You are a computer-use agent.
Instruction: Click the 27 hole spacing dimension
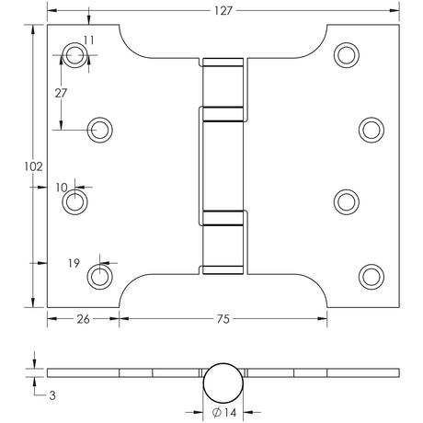(x=61, y=94)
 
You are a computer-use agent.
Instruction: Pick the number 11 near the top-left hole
(x=88, y=40)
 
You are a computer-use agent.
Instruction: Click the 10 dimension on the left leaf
(x=63, y=188)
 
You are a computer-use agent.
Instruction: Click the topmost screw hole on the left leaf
(x=75, y=54)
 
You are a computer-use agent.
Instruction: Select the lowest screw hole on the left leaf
(x=101, y=274)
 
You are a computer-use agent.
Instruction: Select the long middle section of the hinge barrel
(x=223, y=166)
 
